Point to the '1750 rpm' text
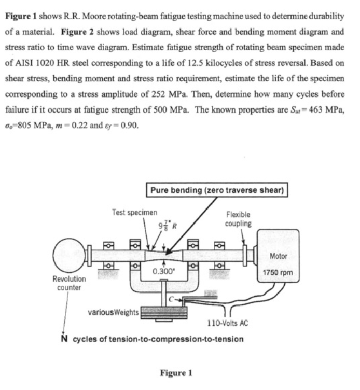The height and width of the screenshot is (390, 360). [x=281, y=272]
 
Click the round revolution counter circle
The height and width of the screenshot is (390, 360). [x=70, y=254]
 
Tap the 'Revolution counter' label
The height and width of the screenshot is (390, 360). [x=70, y=283]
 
